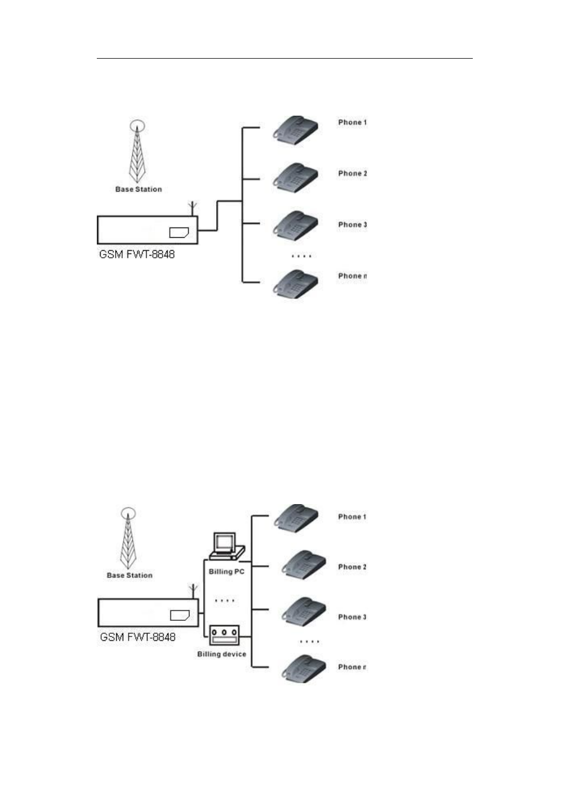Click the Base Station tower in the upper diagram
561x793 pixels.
[x=138, y=153]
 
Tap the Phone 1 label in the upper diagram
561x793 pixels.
[x=352, y=123]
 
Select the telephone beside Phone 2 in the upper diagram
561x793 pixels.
[x=295, y=177]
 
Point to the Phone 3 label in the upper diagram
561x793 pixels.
[x=352, y=225]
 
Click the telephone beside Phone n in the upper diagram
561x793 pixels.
[x=295, y=284]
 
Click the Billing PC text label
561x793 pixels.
[x=226, y=571]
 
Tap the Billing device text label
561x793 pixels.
[x=222, y=654]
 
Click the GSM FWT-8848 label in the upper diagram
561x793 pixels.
[x=137, y=254]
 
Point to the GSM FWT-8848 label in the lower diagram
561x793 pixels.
[x=138, y=637]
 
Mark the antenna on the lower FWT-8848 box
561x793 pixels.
[x=193, y=591]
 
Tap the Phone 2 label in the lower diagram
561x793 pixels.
[x=352, y=567]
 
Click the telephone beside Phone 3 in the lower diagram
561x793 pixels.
[x=304, y=612]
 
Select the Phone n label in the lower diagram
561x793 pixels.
[x=352, y=667]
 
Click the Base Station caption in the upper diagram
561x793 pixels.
[x=138, y=189]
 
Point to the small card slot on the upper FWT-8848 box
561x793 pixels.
[x=179, y=232]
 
